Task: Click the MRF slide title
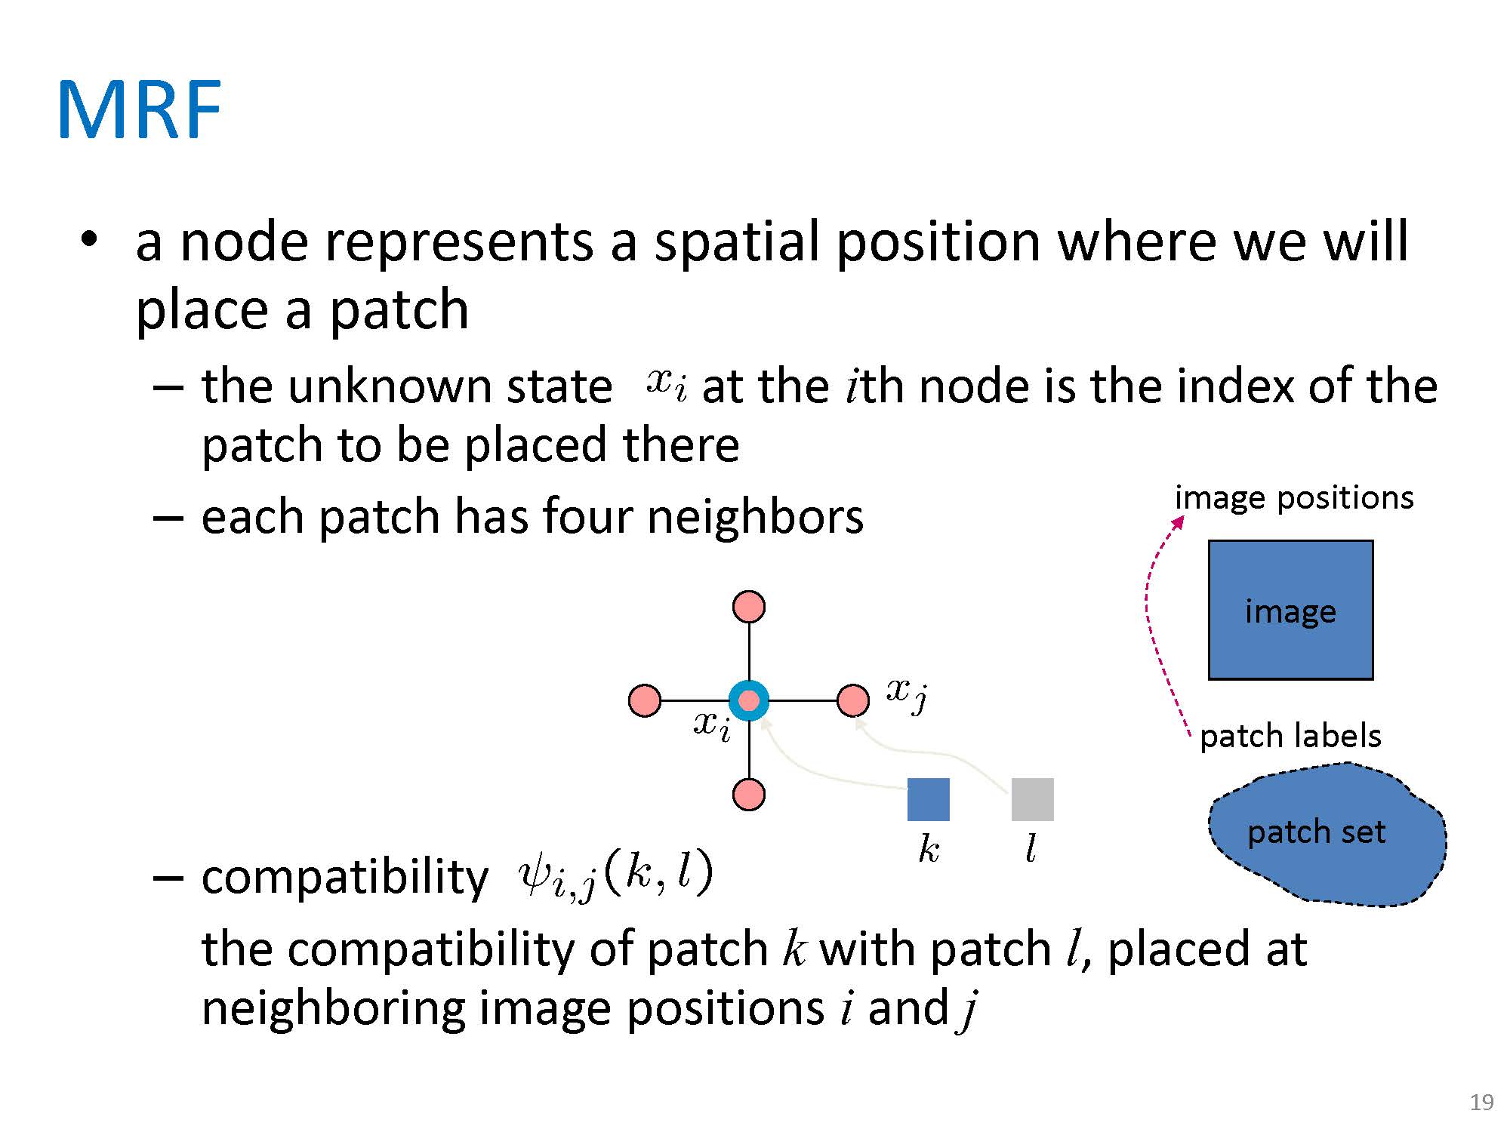139,110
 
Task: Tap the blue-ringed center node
748,700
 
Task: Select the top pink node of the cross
748,607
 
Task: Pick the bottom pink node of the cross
748,795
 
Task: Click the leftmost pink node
644,700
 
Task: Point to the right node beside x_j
852,700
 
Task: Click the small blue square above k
928,799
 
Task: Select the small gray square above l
1032,799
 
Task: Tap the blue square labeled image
1290,610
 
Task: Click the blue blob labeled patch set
1325,834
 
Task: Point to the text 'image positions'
1294,498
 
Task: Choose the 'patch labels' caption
1290,736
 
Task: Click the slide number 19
1481,1103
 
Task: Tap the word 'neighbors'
755,517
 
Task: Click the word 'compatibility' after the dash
345,877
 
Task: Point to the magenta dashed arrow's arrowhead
1179,521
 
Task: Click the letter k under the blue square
929,850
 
